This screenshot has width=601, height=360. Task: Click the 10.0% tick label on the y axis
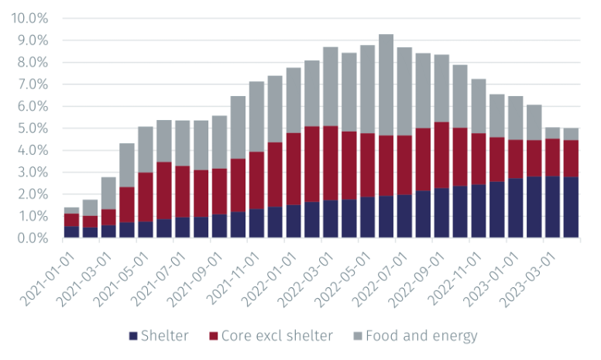[x=29, y=17]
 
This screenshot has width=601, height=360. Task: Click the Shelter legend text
[x=163, y=336]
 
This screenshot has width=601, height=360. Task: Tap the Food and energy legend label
[x=421, y=336]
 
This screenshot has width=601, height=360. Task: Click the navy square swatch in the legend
[x=132, y=336]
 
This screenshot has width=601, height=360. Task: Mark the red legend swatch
[x=212, y=336]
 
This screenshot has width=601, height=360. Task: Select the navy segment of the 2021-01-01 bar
[x=72, y=232]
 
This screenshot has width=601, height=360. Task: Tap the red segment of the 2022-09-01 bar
[x=442, y=155]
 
